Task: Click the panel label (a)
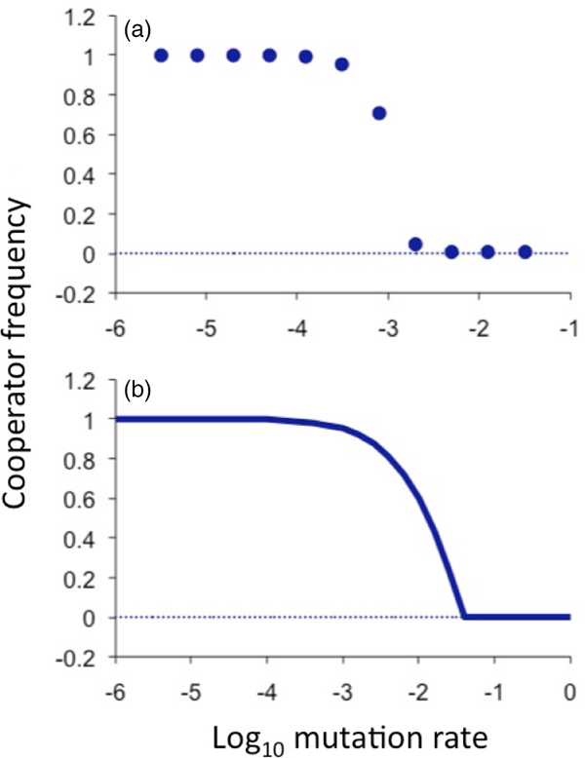click(136, 31)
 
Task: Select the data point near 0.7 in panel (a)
click(379, 113)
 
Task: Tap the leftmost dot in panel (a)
click(161, 56)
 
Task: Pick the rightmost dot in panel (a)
click(525, 252)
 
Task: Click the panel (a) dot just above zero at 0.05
click(415, 244)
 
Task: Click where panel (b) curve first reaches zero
click(464, 617)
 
